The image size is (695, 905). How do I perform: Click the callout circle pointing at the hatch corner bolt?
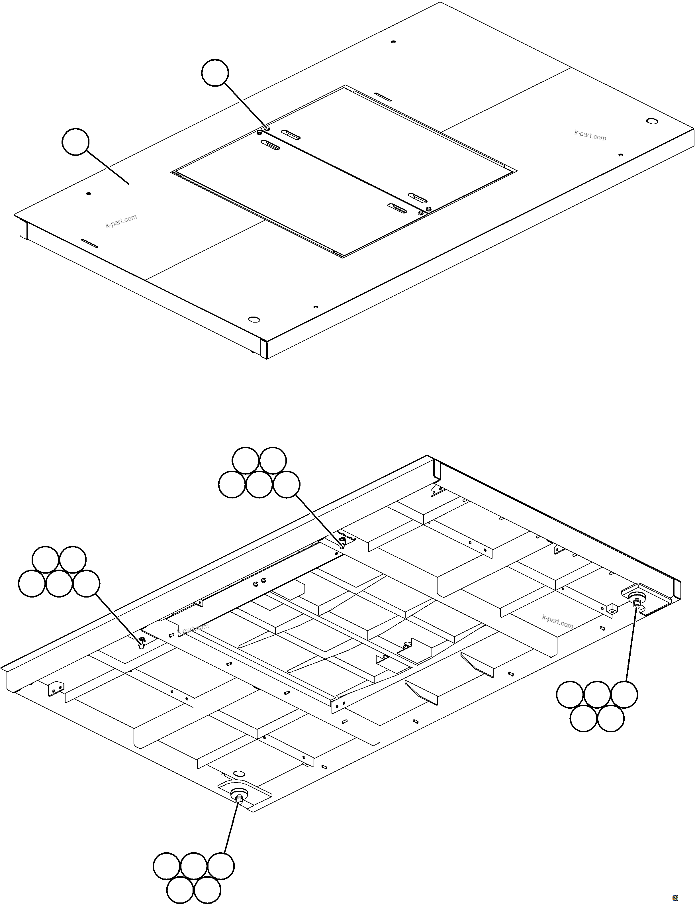click(x=214, y=73)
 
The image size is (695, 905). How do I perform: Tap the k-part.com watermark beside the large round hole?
click(x=590, y=135)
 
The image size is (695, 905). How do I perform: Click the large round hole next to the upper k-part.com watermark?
click(x=651, y=121)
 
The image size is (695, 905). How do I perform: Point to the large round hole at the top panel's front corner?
click(x=254, y=319)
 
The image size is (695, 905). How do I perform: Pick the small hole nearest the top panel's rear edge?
click(x=393, y=42)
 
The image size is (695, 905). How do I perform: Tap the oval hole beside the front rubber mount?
click(x=239, y=773)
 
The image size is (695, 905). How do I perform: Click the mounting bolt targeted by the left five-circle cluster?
click(x=142, y=642)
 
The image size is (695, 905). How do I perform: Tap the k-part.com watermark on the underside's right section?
click(x=557, y=621)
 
